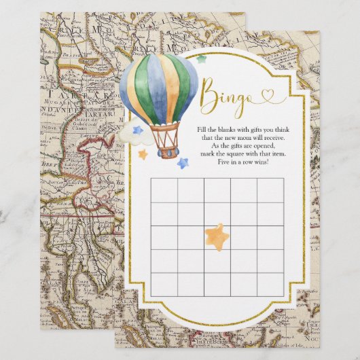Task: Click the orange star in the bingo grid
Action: click(x=217, y=234)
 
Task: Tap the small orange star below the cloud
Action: click(x=143, y=154)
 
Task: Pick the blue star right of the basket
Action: click(x=182, y=162)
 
